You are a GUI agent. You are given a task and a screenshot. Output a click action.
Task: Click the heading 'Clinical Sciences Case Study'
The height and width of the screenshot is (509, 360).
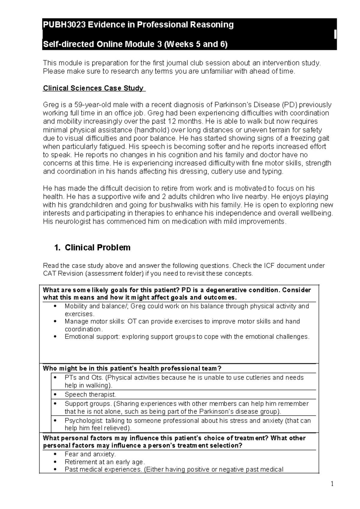pyautogui.click(x=94, y=88)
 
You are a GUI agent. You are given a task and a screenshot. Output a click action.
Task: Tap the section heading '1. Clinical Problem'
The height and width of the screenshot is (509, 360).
pyautogui.click(x=92, y=248)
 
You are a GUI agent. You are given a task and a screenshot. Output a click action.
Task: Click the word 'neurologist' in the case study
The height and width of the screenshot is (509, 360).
pyautogui.click(x=73, y=221)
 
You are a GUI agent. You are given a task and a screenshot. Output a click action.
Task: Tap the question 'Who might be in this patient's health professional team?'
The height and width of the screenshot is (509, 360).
pyautogui.click(x=132, y=368)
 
